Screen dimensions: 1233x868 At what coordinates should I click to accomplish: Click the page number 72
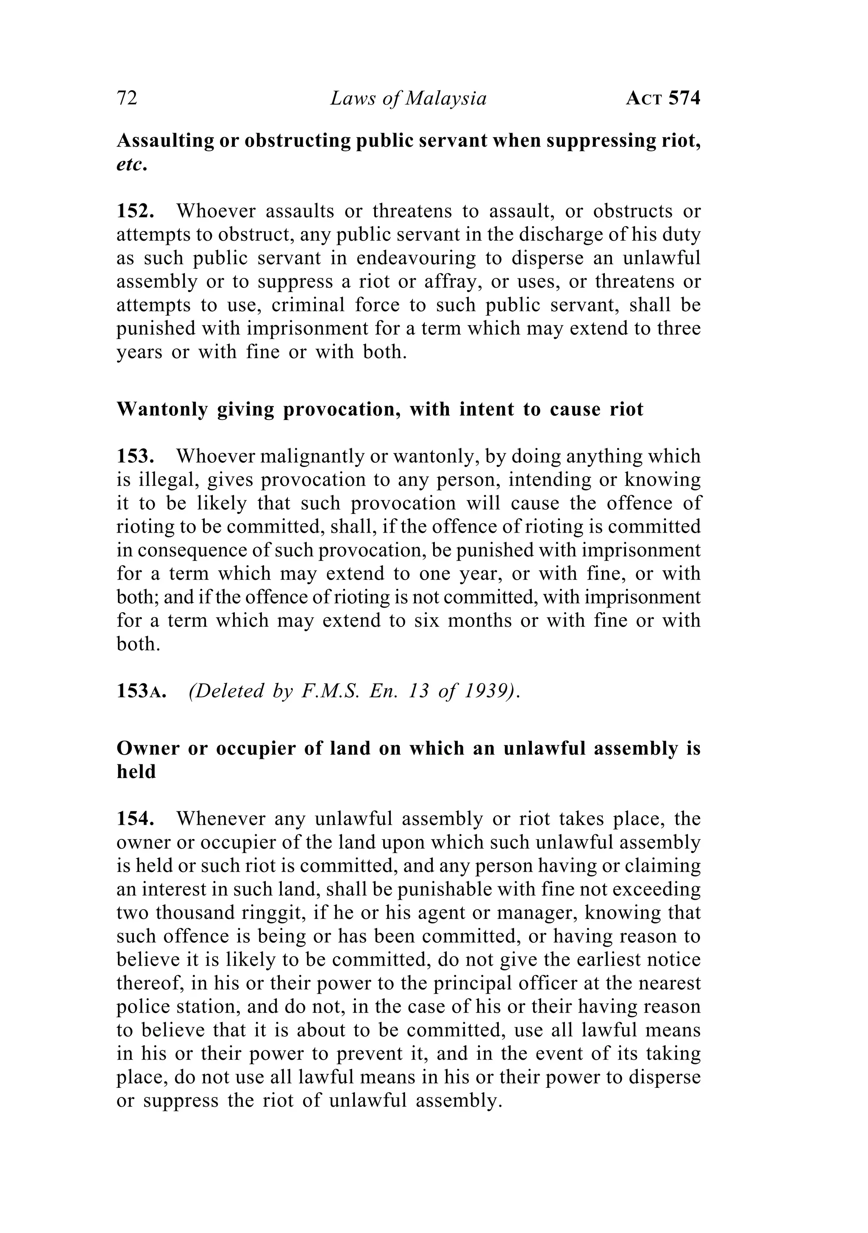(127, 99)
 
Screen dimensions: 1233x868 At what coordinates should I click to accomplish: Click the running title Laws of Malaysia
(408, 99)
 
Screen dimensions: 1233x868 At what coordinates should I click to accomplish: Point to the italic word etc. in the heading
(131, 164)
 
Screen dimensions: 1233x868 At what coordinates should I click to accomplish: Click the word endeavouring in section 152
(416, 258)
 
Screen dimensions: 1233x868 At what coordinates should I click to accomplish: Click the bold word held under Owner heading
(136, 772)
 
